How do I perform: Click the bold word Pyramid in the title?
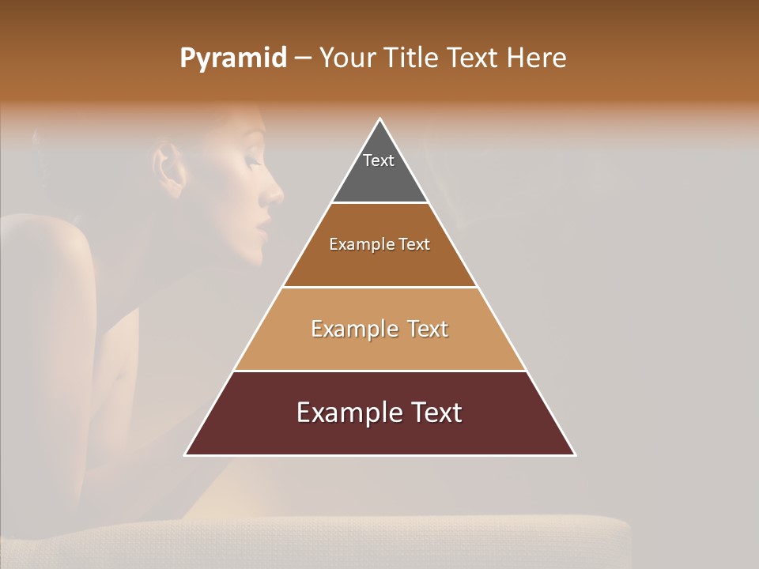232,58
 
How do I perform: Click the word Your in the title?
348,58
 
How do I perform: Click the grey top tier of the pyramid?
379,178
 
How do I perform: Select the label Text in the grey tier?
379,160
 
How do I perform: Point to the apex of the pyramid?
380,120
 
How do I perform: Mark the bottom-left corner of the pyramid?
186,454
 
